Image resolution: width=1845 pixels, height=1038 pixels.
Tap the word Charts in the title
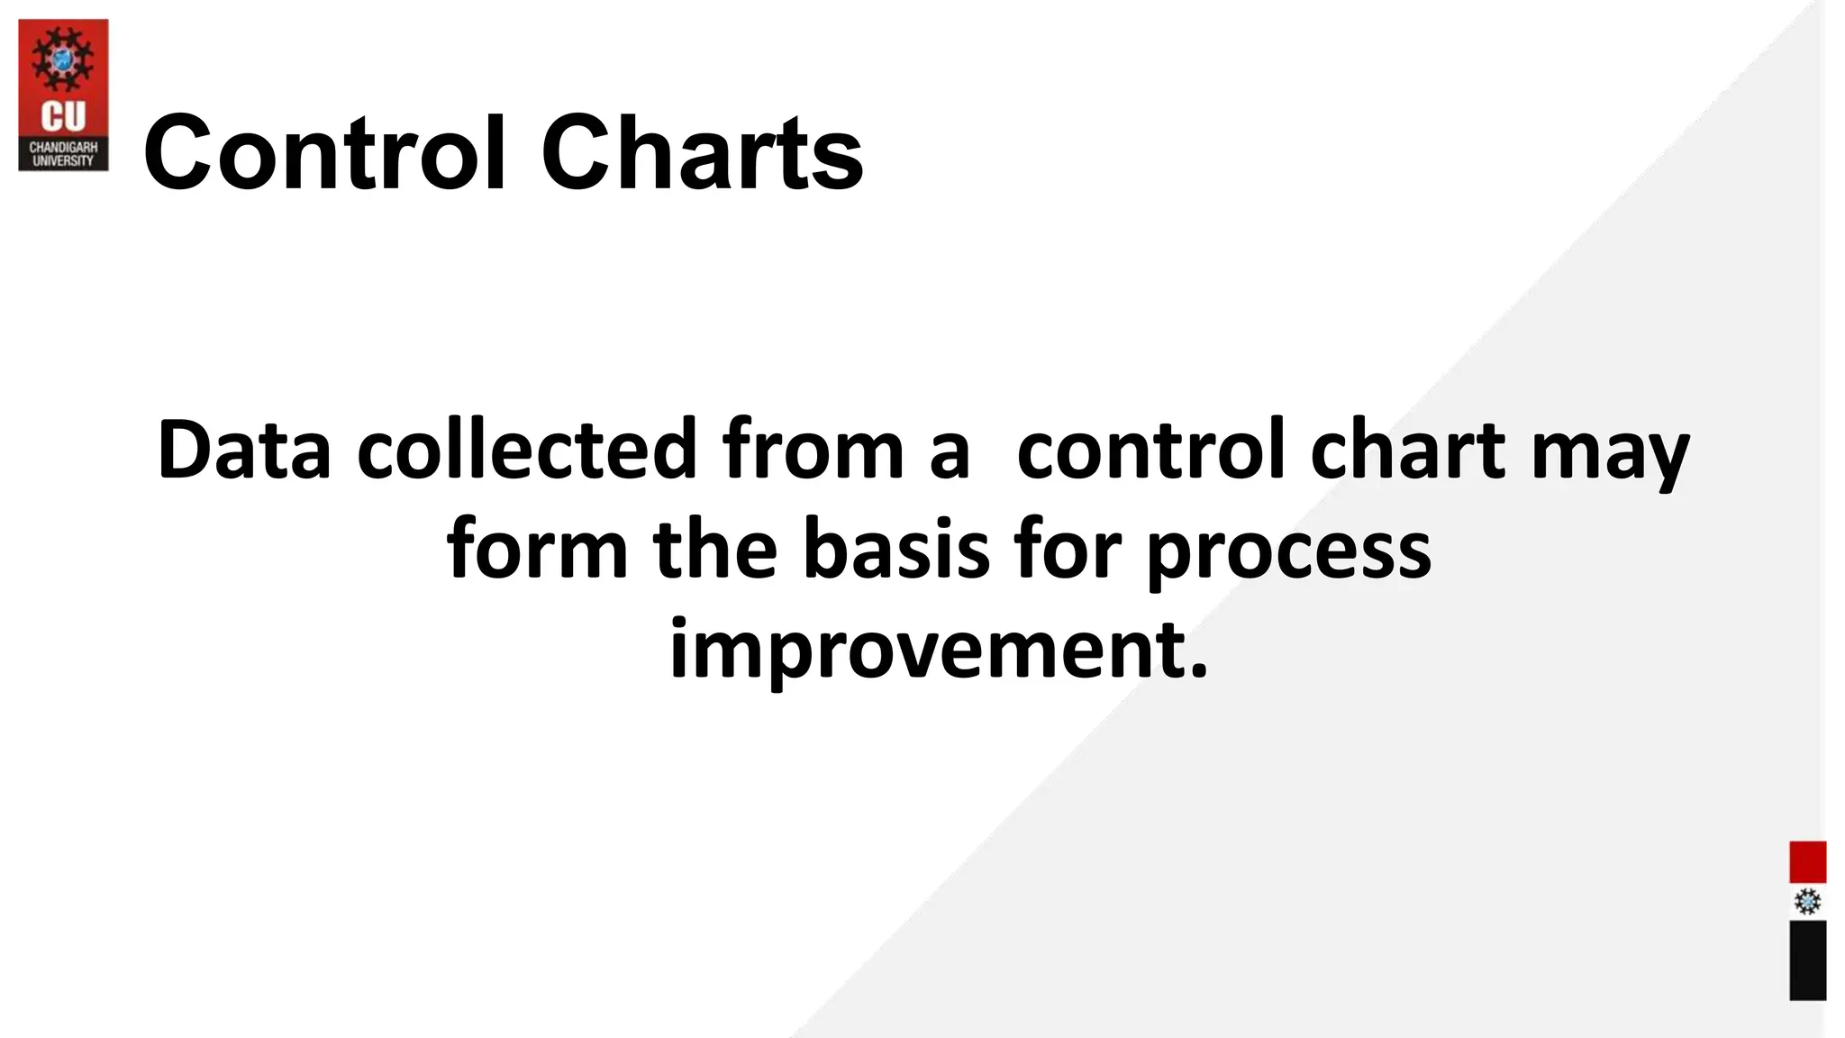702,153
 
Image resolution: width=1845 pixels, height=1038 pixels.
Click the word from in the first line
813,450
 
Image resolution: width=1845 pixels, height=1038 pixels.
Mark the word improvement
938,651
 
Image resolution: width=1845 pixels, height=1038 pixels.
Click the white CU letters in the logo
63,116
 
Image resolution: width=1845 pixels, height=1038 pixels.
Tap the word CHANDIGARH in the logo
63,147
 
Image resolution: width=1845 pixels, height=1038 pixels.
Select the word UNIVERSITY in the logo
63,160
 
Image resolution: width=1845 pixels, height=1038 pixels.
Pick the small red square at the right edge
1807,862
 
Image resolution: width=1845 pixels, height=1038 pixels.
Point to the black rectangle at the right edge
1807,960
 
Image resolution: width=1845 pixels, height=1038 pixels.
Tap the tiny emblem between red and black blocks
1807,902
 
